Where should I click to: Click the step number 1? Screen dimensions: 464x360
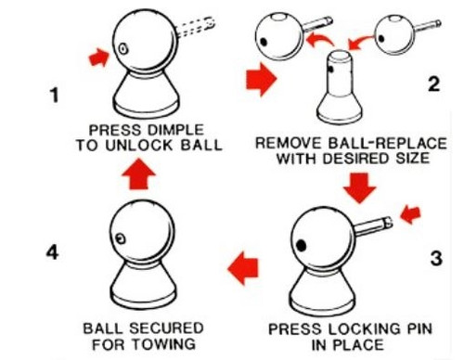[x=55, y=96]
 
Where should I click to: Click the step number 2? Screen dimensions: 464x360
[x=433, y=84]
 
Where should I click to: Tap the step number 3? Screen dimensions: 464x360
[x=436, y=258]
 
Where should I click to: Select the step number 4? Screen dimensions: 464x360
[x=53, y=252]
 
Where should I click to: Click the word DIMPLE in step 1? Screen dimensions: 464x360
[x=175, y=130]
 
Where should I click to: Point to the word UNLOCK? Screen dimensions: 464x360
[x=139, y=145]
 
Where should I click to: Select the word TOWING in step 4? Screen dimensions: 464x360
[x=167, y=344]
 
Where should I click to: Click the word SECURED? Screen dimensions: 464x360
[x=166, y=328]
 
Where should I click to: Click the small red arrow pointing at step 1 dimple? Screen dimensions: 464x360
[x=99, y=58]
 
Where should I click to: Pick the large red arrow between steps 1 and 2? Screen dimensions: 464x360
[x=262, y=79]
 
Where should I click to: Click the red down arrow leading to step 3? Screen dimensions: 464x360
[x=359, y=188]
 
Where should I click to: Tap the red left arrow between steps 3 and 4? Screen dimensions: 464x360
[x=243, y=268]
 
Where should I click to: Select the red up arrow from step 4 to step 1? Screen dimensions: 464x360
[x=139, y=174]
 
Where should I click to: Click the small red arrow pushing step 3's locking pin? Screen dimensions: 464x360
[x=411, y=214]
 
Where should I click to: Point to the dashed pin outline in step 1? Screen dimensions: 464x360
[x=196, y=27]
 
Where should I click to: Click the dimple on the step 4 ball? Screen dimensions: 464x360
[x=121, y=238]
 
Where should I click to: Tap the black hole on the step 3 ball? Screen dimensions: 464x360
[x=301, y=246]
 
